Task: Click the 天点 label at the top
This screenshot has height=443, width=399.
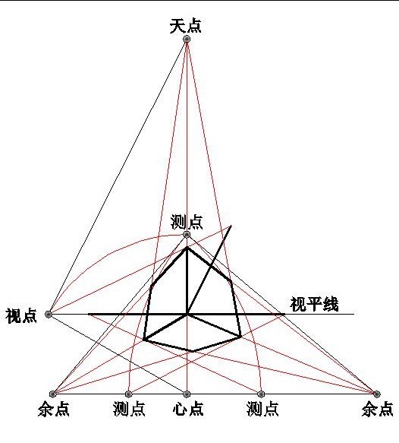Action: click(x=185, y=27)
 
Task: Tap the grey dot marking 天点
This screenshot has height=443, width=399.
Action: click(x=187, y=39)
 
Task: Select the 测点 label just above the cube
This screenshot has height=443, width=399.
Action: click(x=187, y=222)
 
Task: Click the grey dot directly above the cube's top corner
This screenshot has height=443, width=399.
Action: click(x=187, y=235)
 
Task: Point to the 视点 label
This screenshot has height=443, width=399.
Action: click(x=21, y=315)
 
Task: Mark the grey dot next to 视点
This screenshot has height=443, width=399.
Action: click(x=49, y=314)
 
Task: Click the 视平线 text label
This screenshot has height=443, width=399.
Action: click(x=314, y=304)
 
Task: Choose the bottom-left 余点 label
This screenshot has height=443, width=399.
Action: click(x=54, y=409)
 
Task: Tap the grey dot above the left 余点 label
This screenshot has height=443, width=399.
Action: click(x=53, y=394)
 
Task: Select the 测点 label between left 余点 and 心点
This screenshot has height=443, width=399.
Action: click(x=129, y=409)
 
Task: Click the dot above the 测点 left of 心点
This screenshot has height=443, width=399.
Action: click(x=129, y=394)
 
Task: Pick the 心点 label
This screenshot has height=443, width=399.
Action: click(x=188, y=409)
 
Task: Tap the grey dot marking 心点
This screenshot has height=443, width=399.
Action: click(x=187, y=394)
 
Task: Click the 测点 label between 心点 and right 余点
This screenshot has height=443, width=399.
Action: click(x=262, y=409)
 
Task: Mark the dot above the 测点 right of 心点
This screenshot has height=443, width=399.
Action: click(x=261, y=394)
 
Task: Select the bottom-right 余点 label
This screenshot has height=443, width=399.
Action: click(x=377, y=409)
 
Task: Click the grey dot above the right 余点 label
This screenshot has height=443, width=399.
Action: click(x=376, y=394)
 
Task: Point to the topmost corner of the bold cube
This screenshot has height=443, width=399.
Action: click(x=187, y=248)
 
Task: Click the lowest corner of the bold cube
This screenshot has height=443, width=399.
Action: click(x=193, y=352)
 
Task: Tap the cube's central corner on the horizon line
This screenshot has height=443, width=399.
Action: click(x=187, y=314)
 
